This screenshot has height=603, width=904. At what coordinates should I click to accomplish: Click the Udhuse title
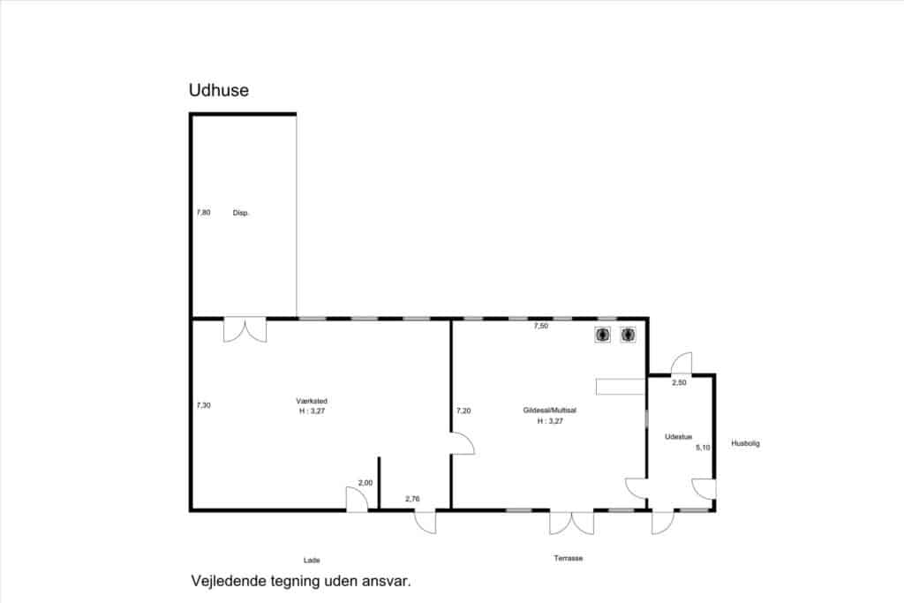(219, 90)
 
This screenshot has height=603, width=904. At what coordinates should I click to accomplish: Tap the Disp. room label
(240, 213)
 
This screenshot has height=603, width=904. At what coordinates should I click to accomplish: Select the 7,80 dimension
(204, 212)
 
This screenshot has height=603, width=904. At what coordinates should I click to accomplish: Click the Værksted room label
(312, 401)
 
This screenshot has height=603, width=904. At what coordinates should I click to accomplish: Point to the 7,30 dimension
(204, 405)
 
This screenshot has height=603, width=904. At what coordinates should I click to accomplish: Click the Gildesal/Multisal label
(549, 411)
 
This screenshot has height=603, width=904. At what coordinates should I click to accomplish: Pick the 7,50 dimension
(541, 326)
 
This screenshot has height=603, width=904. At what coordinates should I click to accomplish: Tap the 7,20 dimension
(463, 411)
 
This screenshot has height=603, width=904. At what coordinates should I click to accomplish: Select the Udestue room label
(679, 437)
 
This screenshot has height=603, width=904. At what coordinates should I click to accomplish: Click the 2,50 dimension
(679, 382)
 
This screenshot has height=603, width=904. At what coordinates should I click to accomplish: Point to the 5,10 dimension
(703, 448)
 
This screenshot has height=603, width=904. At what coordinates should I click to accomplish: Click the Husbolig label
(745, 443)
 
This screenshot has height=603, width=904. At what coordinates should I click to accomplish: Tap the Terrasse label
(568, 558)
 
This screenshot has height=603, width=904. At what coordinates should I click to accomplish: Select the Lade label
(312, 560)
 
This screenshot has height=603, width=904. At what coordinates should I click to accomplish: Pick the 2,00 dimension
(365, 483)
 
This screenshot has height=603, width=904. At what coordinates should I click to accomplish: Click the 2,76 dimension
(412, 499)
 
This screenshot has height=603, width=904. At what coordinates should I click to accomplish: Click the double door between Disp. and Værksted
(245, 329)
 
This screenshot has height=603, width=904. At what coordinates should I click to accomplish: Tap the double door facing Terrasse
(571, 523)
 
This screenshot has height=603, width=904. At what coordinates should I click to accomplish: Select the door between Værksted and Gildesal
(463, 443)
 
